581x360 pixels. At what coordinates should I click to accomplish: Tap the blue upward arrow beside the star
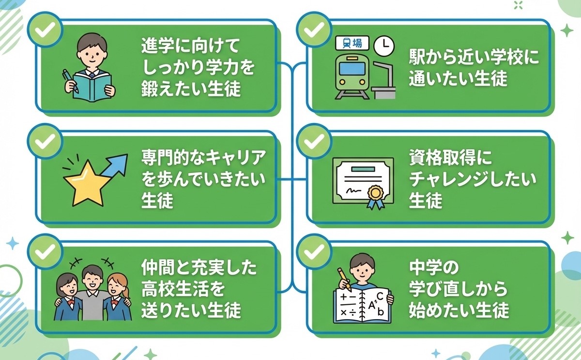pyautogui.click(x=114, y=167)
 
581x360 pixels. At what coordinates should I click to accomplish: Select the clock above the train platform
pyautogui.click(x=384, y=46)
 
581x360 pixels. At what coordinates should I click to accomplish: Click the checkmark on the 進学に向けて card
pyautogui.click(x=45, y=31)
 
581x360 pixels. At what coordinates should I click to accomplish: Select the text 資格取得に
pyautogui.click(x=450, y=158)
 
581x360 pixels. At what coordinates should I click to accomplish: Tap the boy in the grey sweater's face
pyautogui.click(x=92, y=277)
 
